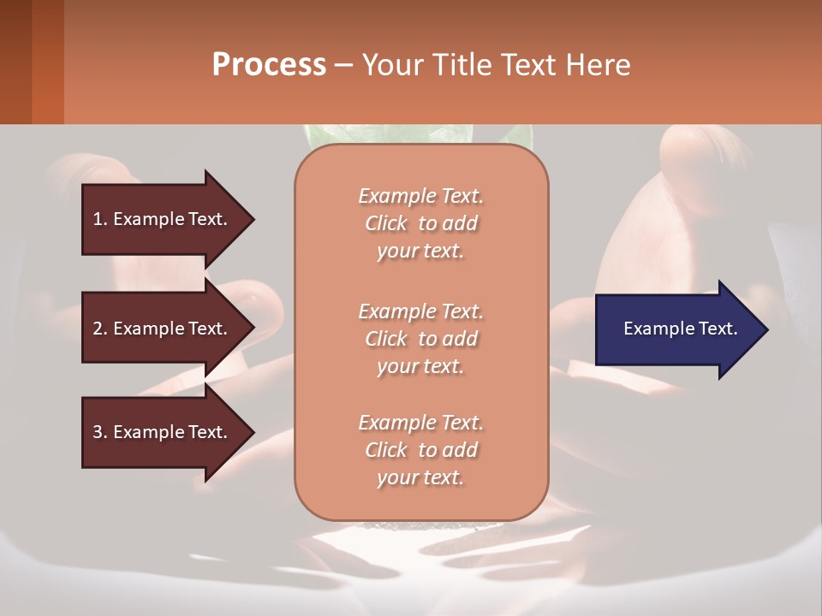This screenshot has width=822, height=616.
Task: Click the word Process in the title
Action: [269, 65]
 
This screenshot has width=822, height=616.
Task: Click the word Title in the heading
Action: [462, 65]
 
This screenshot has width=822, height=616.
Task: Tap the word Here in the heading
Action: [596, 65]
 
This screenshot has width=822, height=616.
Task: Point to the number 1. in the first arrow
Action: [100, 219]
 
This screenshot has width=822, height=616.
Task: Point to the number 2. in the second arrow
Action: [100, 329]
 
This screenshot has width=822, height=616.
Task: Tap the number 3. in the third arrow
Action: [100, 432]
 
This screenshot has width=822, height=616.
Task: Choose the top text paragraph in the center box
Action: [420, 223]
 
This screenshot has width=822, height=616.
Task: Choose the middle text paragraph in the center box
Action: [420, 338]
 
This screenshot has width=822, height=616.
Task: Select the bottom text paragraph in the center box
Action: [420, 450]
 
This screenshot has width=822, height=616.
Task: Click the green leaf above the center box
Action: [325, 135]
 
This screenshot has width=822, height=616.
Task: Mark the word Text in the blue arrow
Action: [718, 329]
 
